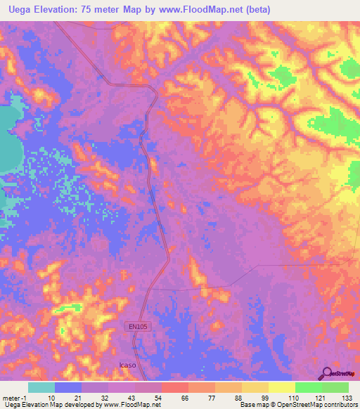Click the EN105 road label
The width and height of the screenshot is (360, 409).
click(x=139, y=326)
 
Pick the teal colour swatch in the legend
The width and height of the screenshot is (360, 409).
click(x=41, y=387)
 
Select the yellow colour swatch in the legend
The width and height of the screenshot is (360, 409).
click(x=281, y=387)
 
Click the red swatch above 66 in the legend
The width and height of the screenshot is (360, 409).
click(x=174, y=387)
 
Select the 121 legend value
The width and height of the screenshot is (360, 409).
click(x=321, y=397)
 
